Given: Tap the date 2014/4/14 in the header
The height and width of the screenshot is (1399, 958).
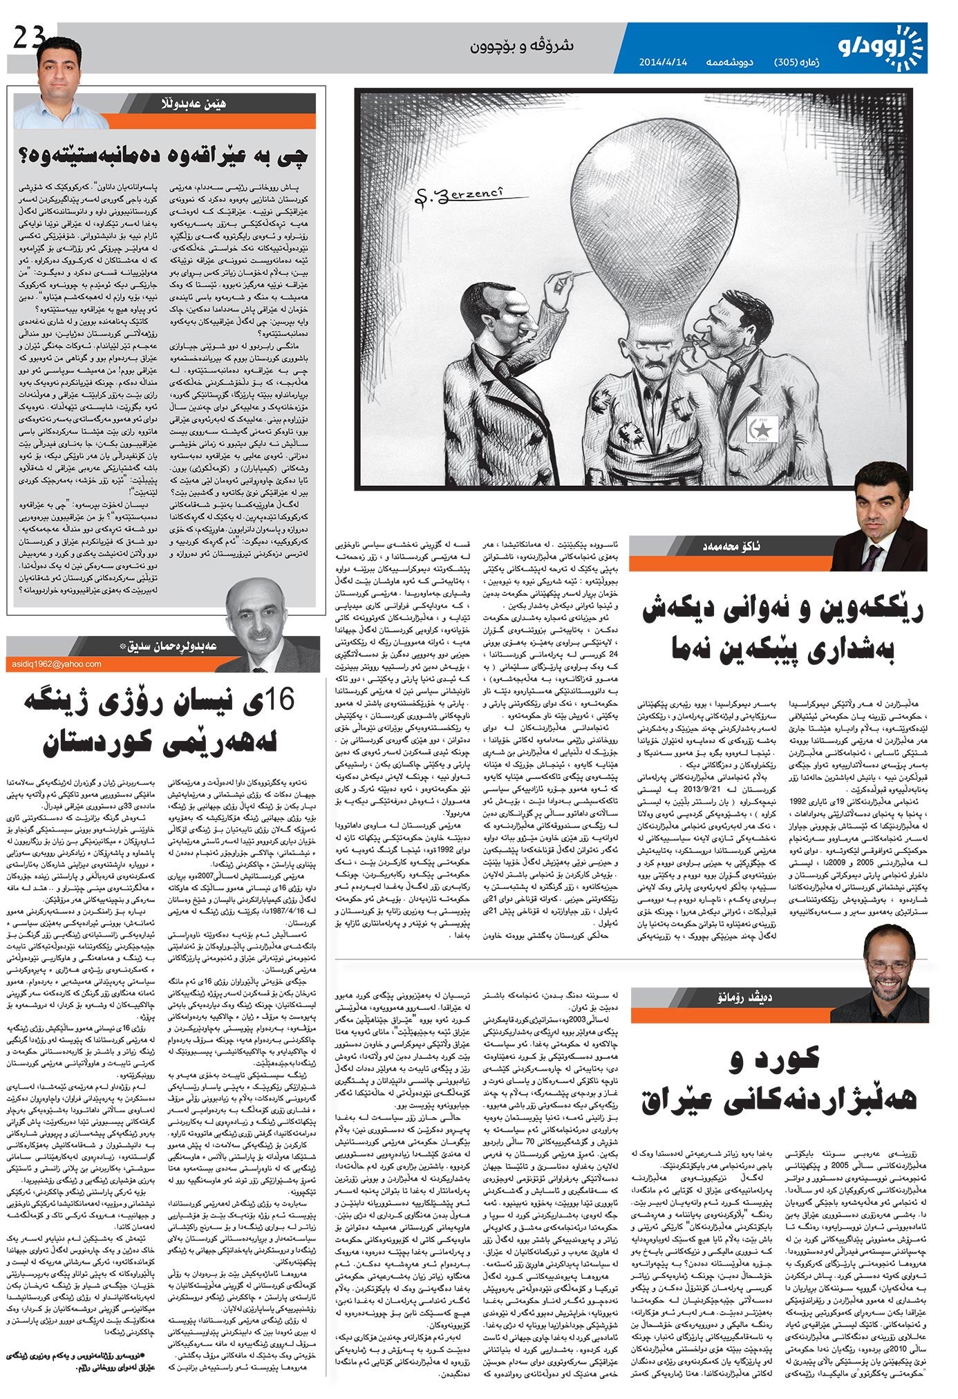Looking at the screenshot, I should click(x=664, y=62).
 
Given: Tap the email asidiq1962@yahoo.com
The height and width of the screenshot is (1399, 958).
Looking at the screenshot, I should click(x=57, y=664).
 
